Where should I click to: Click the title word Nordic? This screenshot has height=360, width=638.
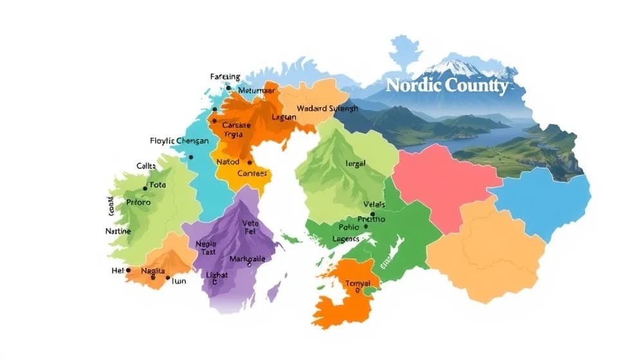point(414,87)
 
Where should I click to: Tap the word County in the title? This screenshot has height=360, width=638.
point(477,87)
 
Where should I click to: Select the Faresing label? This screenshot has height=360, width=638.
point(225,77)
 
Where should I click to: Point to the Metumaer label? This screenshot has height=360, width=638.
point(256,91)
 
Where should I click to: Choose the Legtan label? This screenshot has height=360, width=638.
point(284,117)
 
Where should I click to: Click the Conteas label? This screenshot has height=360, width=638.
point(252,173)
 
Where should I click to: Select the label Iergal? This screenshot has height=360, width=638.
point(354,163)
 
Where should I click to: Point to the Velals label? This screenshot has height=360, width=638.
point(374,205)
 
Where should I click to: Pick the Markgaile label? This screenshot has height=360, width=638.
point(247,259)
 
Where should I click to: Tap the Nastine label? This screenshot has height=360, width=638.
point(118,231)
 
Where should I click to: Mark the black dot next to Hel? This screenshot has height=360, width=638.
point(129,271)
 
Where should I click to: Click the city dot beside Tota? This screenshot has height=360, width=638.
point(145,189)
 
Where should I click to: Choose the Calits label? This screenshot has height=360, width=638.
point(146,166)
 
